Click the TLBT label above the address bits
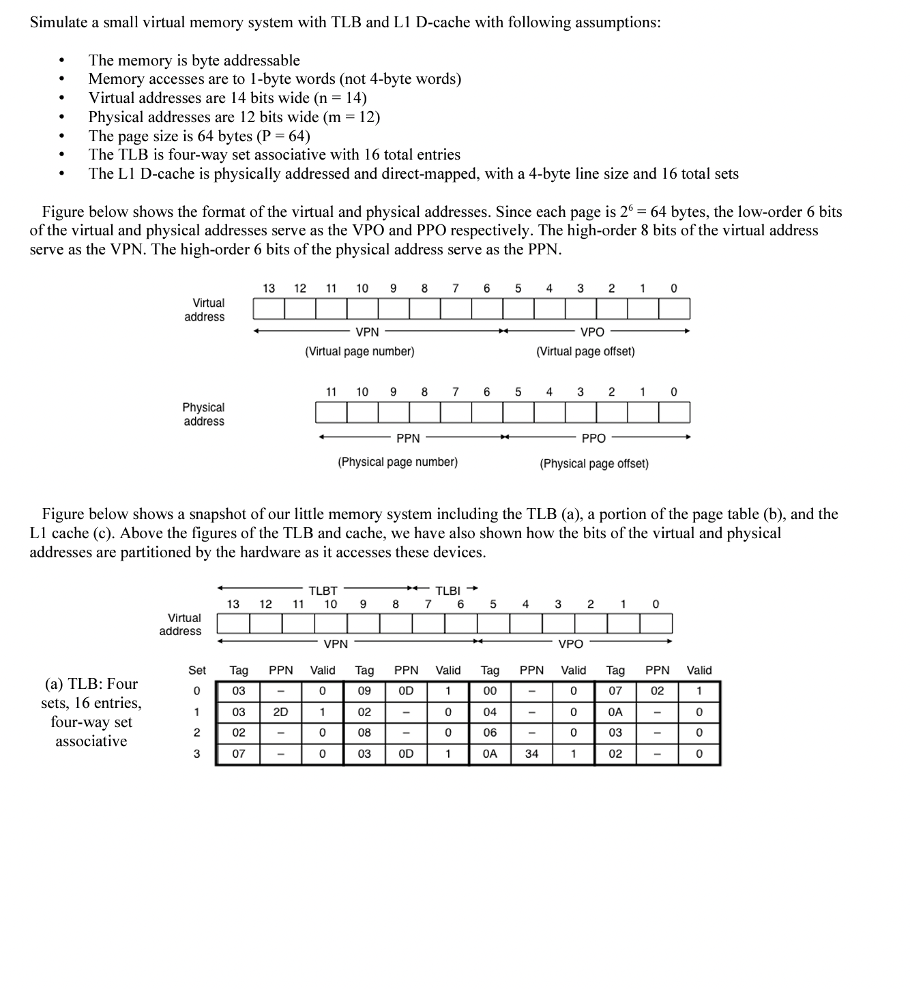click(323, 591)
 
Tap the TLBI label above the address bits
click(448, 591)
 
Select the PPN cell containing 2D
click(280, 712)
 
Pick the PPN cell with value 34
click(531, 754)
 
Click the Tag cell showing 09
click(364, 691)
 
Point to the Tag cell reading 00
click(490, 691)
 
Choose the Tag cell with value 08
click(364, 733)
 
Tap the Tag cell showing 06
click(490, 733)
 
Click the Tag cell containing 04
click(490, 712)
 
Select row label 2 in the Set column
click(196, 733)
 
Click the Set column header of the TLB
click(197, 670)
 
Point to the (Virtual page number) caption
click(359, 352)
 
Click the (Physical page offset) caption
click(594, 464)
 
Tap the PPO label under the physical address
click(593, 439)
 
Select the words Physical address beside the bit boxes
click(203, 414)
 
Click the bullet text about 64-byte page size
click(199, 136)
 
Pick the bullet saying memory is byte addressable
click(194, 60)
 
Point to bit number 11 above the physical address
click(331, 392)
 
